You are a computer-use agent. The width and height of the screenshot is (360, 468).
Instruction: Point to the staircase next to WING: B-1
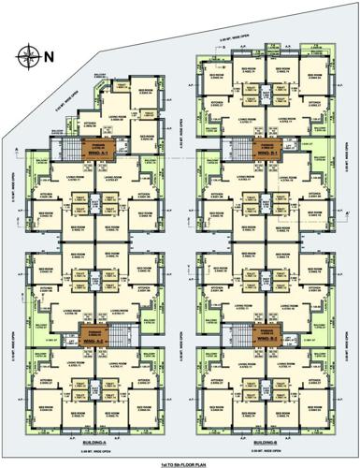point(238,148)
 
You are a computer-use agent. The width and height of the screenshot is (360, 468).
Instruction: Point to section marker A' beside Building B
point(347,214)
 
